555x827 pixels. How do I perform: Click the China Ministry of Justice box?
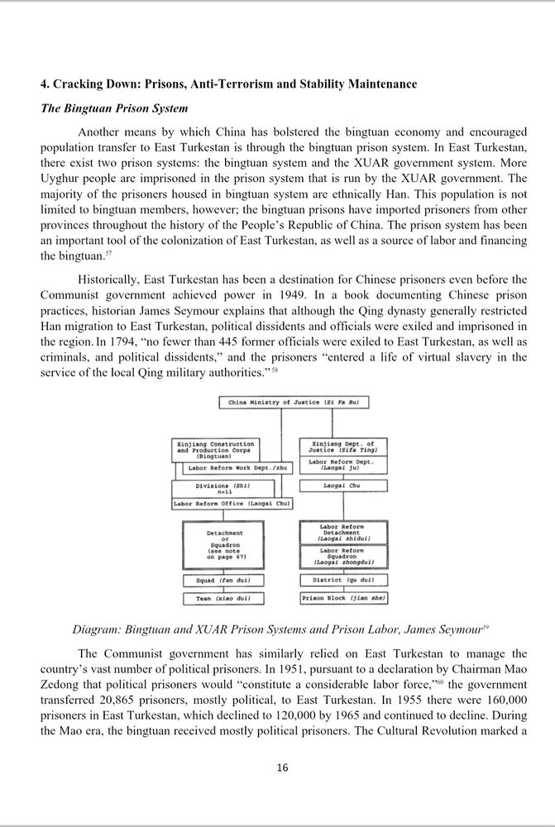pyautogui.click(x=294, y=403)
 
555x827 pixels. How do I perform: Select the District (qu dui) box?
pyautogui.click(x=342, y=581)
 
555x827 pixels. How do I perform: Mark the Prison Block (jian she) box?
pyautogui.click(x=342, y=597)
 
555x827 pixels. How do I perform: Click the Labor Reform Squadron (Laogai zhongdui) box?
pyautogui.click(x=342, y=557)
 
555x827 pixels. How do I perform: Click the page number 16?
pyautogui.click(x=282, y=767)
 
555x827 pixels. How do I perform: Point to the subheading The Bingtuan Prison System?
pyautogui.click(x=115, y=108)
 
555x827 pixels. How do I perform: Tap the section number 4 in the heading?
pyautogui.click(x=45, y=84)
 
